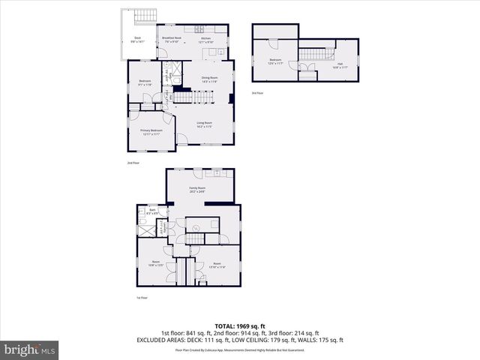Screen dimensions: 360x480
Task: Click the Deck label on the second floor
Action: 137,39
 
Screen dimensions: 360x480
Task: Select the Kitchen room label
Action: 205,40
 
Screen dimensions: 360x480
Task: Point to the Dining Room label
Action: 209,79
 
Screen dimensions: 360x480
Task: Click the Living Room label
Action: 205,124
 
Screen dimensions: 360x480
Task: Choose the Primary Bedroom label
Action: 151,131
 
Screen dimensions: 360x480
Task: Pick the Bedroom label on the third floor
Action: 275,61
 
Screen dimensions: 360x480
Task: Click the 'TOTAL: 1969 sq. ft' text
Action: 239,326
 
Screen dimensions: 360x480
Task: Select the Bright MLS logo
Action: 30,349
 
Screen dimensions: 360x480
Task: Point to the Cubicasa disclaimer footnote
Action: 239,349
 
